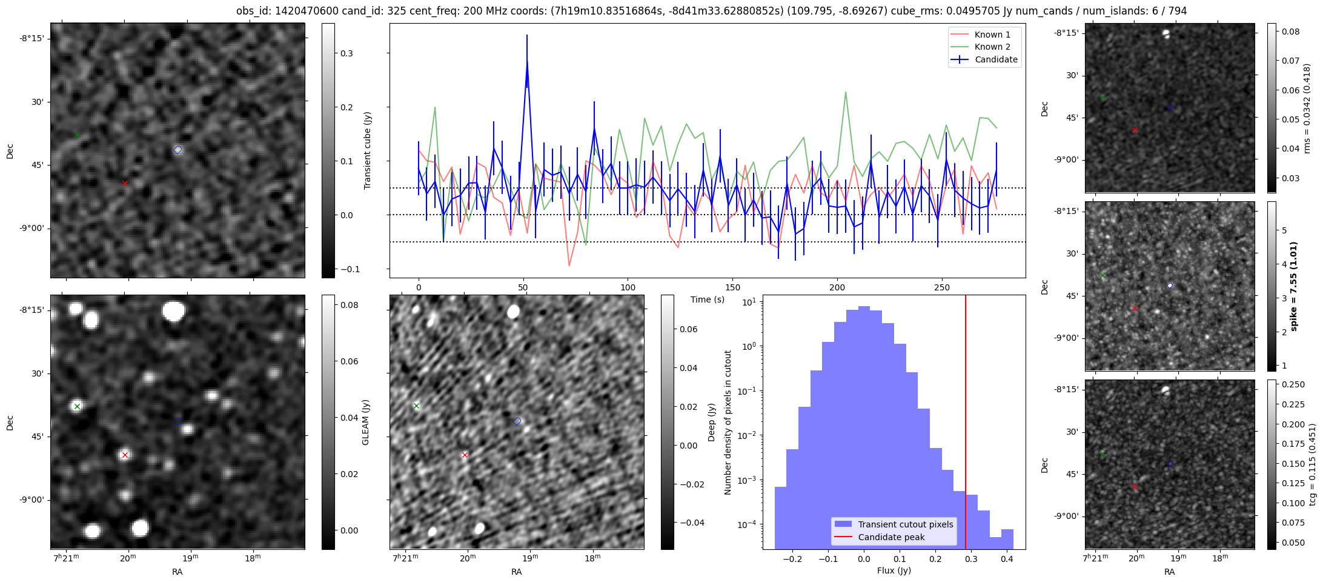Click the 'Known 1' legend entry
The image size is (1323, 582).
(992, 35)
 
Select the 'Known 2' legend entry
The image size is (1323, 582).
(992, 47)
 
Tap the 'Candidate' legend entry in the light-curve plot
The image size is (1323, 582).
(996, 59)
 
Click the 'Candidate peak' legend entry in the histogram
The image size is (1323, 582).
(891, 537)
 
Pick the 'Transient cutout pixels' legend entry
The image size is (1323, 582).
(905, 524)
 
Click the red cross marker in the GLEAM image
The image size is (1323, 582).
(125, 455)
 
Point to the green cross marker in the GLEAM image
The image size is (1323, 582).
(77, 406)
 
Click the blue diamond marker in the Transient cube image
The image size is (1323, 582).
(177, 150)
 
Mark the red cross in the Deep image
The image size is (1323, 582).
(465, 455)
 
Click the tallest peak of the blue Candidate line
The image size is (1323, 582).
(527, 61)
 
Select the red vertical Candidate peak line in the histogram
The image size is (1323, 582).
(966, 424)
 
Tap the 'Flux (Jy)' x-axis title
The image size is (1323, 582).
(894, 570)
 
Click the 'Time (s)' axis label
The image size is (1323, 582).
(708, 299)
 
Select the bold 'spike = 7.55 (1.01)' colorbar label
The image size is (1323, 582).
(1294, 286)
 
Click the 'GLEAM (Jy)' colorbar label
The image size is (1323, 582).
(365, 423)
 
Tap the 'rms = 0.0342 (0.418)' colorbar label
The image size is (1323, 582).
(1307, 108)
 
